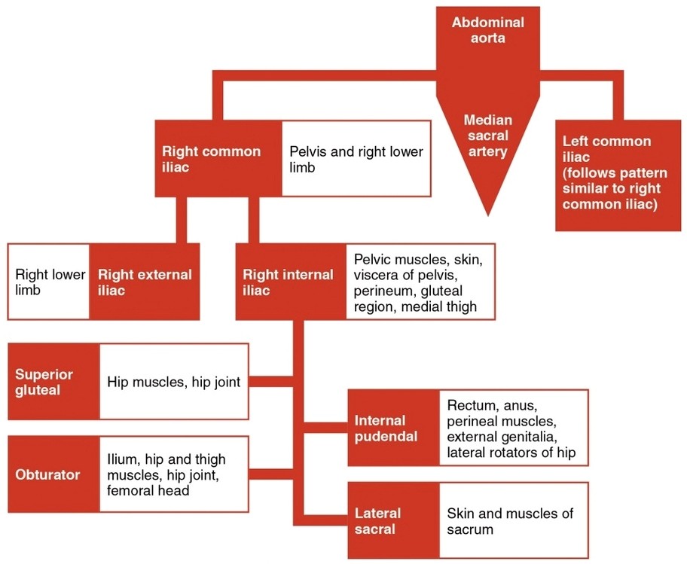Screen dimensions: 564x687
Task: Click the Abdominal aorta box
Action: [487, 32]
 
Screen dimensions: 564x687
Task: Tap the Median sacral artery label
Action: [487, 136]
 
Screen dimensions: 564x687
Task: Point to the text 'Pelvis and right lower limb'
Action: [356, 159]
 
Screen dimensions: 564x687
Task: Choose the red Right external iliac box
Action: [145, 282]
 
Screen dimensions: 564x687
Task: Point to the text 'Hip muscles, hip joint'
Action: [173, 382]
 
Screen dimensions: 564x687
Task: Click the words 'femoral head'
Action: [148, 490]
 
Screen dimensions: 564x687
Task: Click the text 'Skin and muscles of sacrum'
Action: [509, 521]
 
